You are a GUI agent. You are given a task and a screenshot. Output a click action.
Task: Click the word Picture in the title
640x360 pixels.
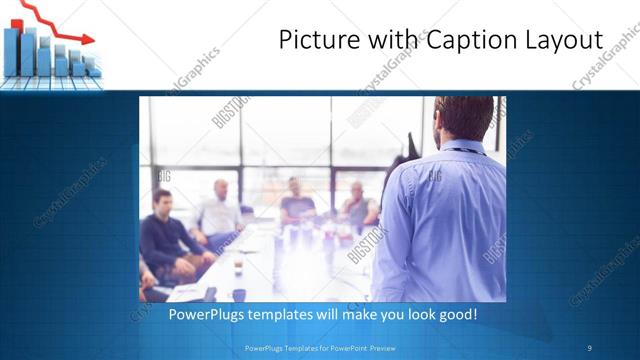coord(314,41)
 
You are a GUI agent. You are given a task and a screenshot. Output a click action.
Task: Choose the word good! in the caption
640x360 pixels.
coord(456,314)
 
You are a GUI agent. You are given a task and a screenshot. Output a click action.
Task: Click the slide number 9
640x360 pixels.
coord(589,348)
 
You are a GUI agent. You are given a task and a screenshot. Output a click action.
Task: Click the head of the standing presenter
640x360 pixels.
coord(462,120)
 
